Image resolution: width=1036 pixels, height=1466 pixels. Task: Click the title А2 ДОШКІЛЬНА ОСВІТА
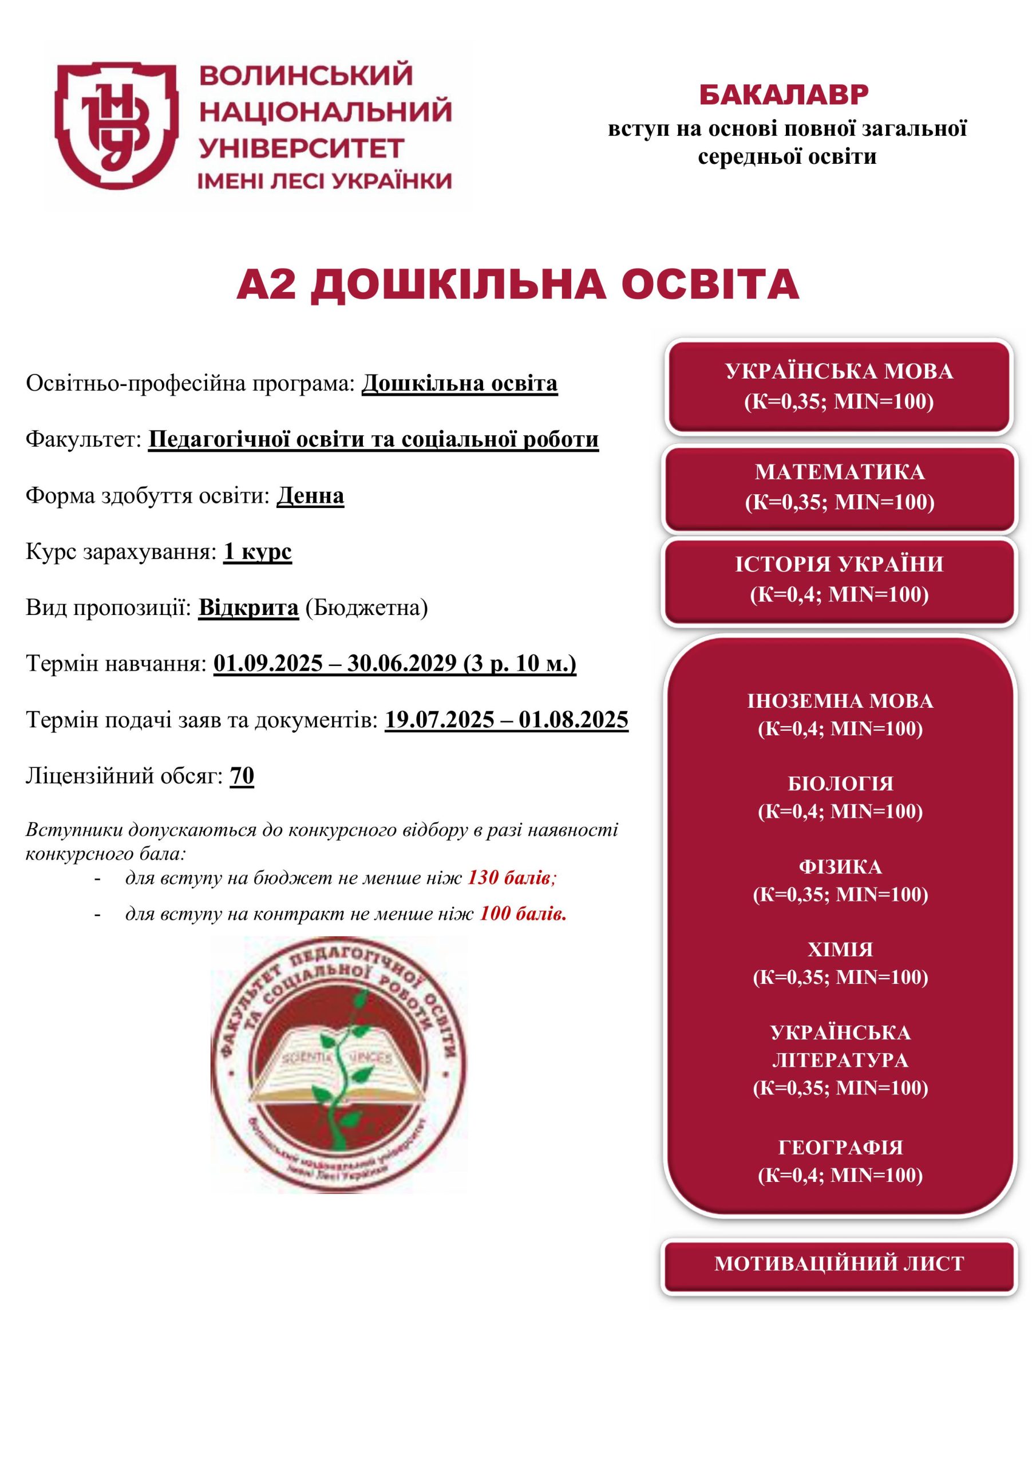point(517,285)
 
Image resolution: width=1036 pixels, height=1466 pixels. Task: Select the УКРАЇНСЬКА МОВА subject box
point(839,387)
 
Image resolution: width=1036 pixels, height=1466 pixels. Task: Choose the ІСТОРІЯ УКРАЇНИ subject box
point(839,580)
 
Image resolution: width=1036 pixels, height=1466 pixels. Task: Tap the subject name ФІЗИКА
point(840,867)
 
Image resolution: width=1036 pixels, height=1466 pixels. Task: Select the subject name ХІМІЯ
point(840,949)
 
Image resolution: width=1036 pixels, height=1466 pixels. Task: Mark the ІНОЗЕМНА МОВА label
point(840,702)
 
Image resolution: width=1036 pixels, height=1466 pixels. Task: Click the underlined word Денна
point(310,496)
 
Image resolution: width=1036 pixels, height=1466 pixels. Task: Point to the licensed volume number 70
point(242,776)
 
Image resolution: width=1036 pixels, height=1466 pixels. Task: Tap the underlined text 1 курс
point(257,551)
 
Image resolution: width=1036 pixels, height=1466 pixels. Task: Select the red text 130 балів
point(511,878)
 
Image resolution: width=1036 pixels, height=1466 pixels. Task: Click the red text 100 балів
point(523,914)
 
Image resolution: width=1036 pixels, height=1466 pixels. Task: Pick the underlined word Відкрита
point(248,607)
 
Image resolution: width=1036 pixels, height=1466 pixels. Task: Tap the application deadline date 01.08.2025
point(573,720)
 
